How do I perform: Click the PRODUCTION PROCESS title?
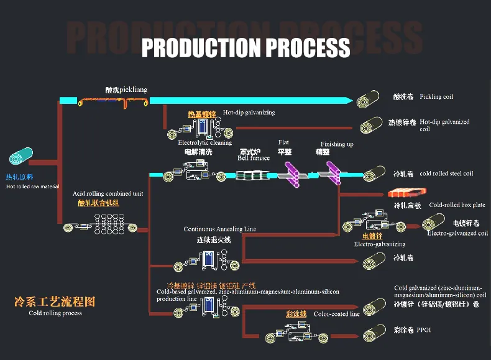pyautogui.click(x=245, y=47)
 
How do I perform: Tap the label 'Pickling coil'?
pyautogui.click(x=436, y=97)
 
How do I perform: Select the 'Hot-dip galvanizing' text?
pyautogui.click(x=249, y=113)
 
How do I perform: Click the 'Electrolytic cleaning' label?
pyautogui.click(x=205, y=142)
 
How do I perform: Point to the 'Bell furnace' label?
pyautogui.click(x=254, y=158)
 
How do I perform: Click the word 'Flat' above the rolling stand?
pyautogui.click(x=283, y=142)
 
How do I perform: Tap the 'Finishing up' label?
pyautogui.click(x=337, y=144)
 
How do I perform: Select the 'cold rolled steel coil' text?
pyautogui.click(x=446, y=173)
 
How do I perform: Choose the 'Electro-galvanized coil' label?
pyautogui.click(x=457, y=233)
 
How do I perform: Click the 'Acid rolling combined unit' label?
pyautogui.click(x=108, y=194)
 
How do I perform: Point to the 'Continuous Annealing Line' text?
pyautogui.click(x=219, y=229)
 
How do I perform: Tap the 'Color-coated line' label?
pyautogui.click(x=336, y=314)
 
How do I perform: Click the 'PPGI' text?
pyautogui.click(x=424, y=330)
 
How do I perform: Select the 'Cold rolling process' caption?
pyautogui.click(x=55, y=313)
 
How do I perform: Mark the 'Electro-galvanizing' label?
pyautogui.click(x=379, y=244)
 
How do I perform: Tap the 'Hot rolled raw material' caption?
pyautogui.click(x=33, y=186)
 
